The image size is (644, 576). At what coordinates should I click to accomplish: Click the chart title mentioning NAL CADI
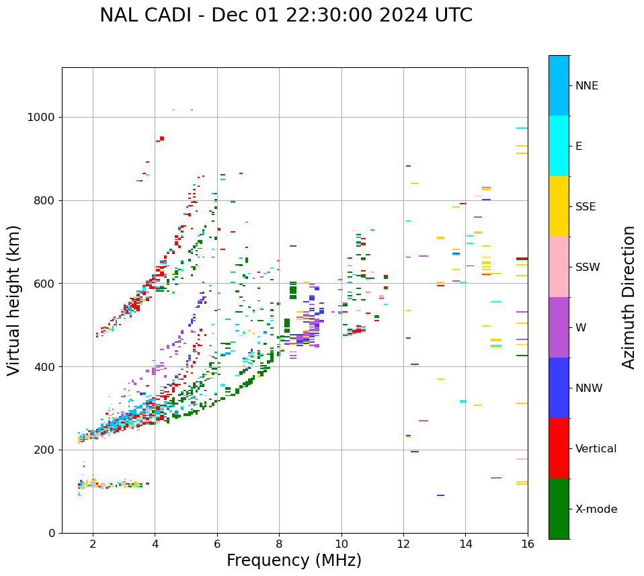click(286, 15)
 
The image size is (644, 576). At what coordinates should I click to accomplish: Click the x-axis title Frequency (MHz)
click(294, 561)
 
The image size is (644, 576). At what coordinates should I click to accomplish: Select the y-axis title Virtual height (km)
click(14, 300)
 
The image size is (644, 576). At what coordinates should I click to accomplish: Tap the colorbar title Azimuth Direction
click(629, 297)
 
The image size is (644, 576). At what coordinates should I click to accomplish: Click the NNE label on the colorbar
click(586, 86)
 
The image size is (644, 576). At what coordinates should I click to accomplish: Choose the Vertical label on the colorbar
click(596, 449)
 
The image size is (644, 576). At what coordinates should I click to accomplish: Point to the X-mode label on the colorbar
click(596, 509)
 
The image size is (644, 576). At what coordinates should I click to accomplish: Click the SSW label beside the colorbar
click(588, 268)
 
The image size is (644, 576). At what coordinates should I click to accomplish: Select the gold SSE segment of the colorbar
click(559, 206)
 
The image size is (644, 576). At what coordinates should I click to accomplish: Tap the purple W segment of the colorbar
click(559, 327)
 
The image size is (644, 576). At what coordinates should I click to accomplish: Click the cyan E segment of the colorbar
click(559, 146)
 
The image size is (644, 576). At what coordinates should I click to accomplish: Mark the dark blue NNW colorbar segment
click(559, 388)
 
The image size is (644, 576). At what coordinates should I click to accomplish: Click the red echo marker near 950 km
click(161, 138)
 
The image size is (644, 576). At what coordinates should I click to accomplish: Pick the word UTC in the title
click(452, 15)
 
